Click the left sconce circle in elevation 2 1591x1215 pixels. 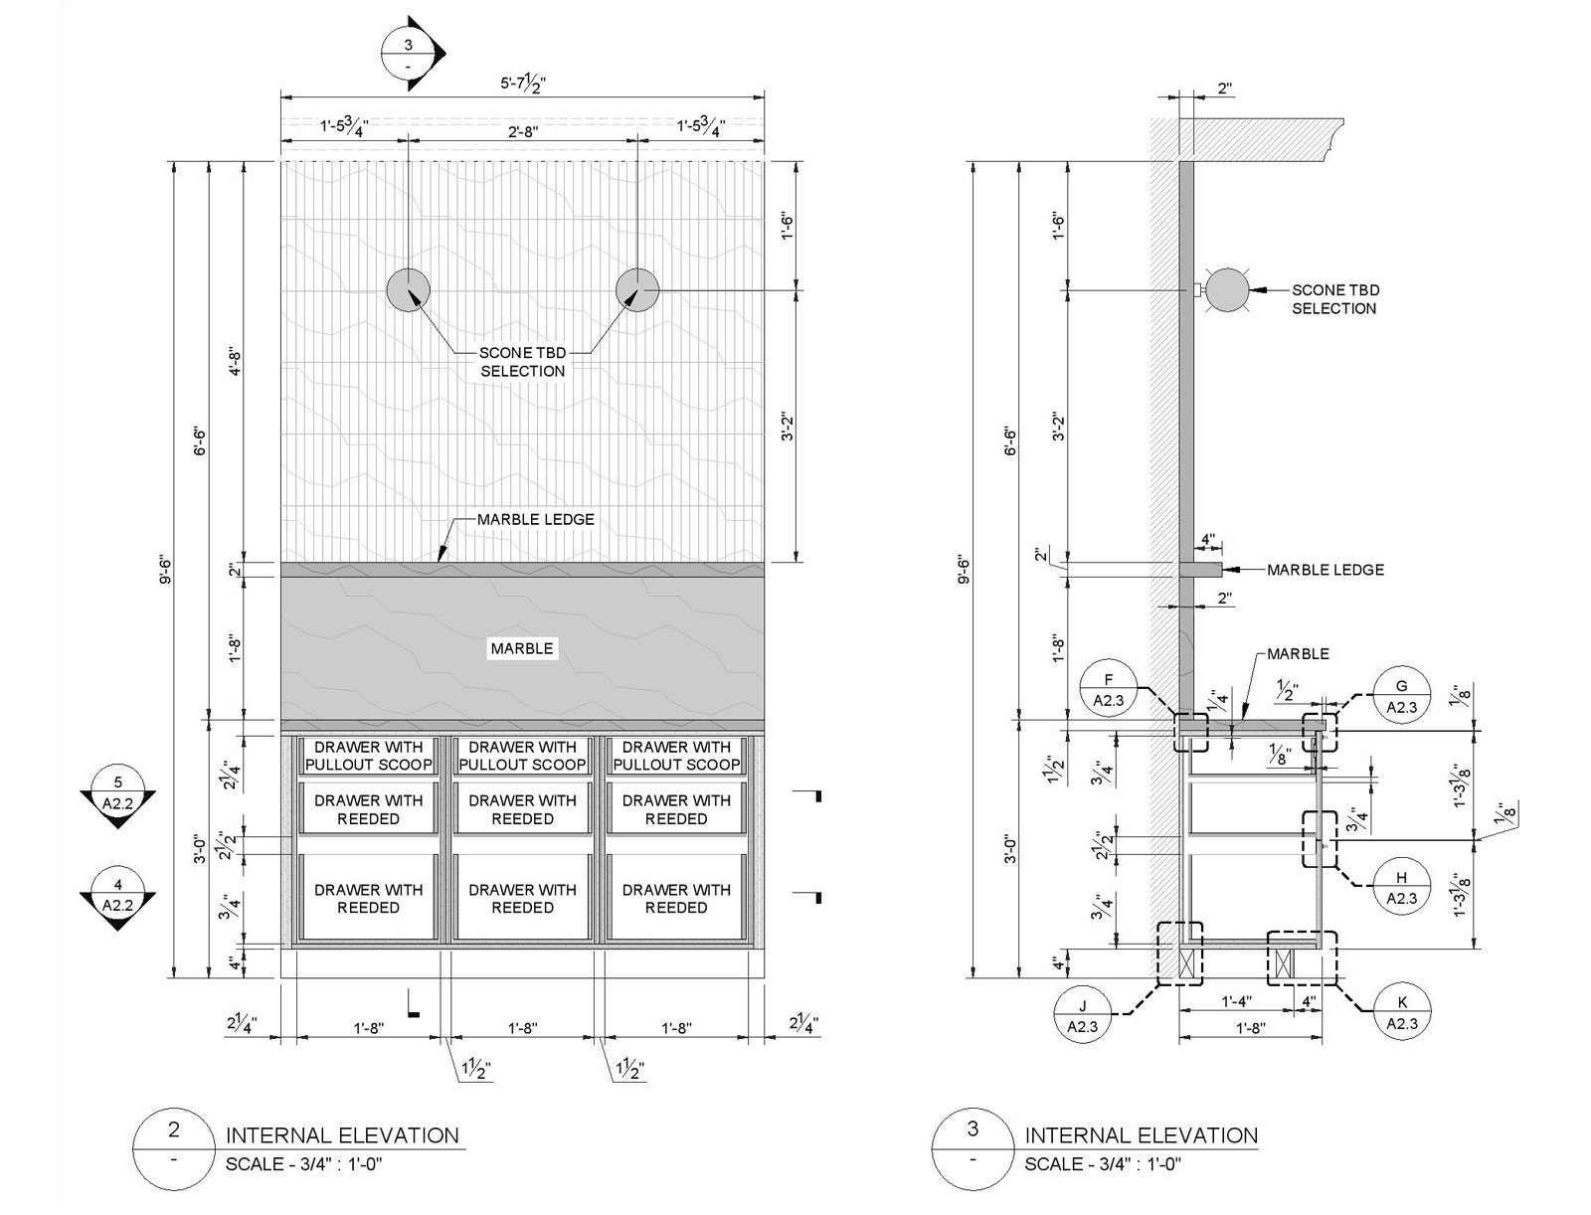[x=409, y=289]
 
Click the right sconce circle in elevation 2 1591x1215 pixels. [x=637, y=289]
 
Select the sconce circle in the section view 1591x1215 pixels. [x=1227, y=289]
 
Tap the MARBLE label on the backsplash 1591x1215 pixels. [x=522, y=649]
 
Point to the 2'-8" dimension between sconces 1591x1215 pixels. [x=523, y=129]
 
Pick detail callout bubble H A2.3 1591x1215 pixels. [x=1401, y=888]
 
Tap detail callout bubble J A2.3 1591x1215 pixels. [x=1082, y=1014]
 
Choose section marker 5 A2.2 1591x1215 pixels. [x=117, y=792]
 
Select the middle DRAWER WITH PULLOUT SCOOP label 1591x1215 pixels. [x=522, y=756]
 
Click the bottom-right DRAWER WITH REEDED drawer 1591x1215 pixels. [x=676, y=898]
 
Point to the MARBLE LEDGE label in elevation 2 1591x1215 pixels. [x=535, y=520]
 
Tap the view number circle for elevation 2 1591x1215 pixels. [x=175, y=1143]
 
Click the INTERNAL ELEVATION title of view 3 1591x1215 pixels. [x=1141, y=1135]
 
